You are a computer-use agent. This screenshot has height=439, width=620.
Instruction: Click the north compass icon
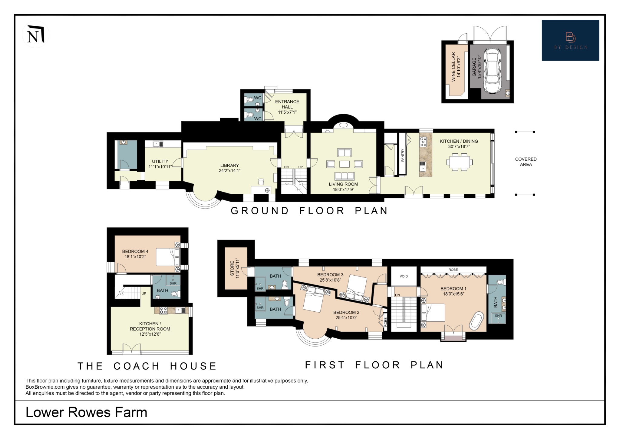point(36,35)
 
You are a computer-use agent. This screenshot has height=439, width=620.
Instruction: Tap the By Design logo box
point(570,40)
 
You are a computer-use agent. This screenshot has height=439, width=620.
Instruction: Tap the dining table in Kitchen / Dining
point(459,162)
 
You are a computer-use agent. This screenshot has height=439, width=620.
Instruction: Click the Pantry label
point(403,155)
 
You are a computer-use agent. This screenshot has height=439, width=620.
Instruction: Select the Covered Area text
point(526,162)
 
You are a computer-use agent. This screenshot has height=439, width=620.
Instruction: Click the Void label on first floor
point(404,276)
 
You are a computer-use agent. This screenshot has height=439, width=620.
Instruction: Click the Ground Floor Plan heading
point(309,211)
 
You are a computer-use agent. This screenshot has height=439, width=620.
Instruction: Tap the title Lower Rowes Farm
point(86,412)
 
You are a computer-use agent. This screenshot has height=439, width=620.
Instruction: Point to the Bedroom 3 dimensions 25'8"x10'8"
point(330,280)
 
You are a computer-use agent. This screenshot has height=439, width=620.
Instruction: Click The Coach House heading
point(147,366)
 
